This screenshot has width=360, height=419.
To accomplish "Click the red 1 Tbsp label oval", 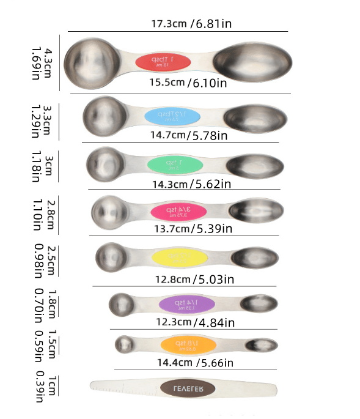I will point(163,61).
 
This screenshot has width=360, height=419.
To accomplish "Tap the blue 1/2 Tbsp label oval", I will point(173,116).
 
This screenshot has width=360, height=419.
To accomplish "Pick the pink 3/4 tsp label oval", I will point(176,211).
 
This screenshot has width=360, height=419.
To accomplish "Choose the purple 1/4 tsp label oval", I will point(187,303).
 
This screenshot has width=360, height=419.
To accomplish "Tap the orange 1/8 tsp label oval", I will point(189,344).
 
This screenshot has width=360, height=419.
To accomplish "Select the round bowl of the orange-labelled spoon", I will point(124,344).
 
